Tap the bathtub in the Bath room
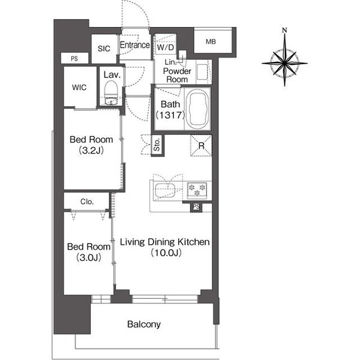click(197, 109)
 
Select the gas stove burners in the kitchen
click(197, 190)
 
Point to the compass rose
click(284, 62)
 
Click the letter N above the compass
click(284, 30)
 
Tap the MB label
click(211, 41)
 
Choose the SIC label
click(104, 49)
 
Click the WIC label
click(79, 87)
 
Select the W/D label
click(166, 47)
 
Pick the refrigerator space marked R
click(201, 146)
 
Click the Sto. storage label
click(157, 145)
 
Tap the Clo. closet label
click(87, 202)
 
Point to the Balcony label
click(144, 324)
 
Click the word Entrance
click(135, 45)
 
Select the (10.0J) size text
click(166, 253)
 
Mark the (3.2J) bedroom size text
click(91, 151)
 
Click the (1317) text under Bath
click(170, 115)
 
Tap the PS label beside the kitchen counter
click(196, 206)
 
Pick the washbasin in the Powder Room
click(202, 72)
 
